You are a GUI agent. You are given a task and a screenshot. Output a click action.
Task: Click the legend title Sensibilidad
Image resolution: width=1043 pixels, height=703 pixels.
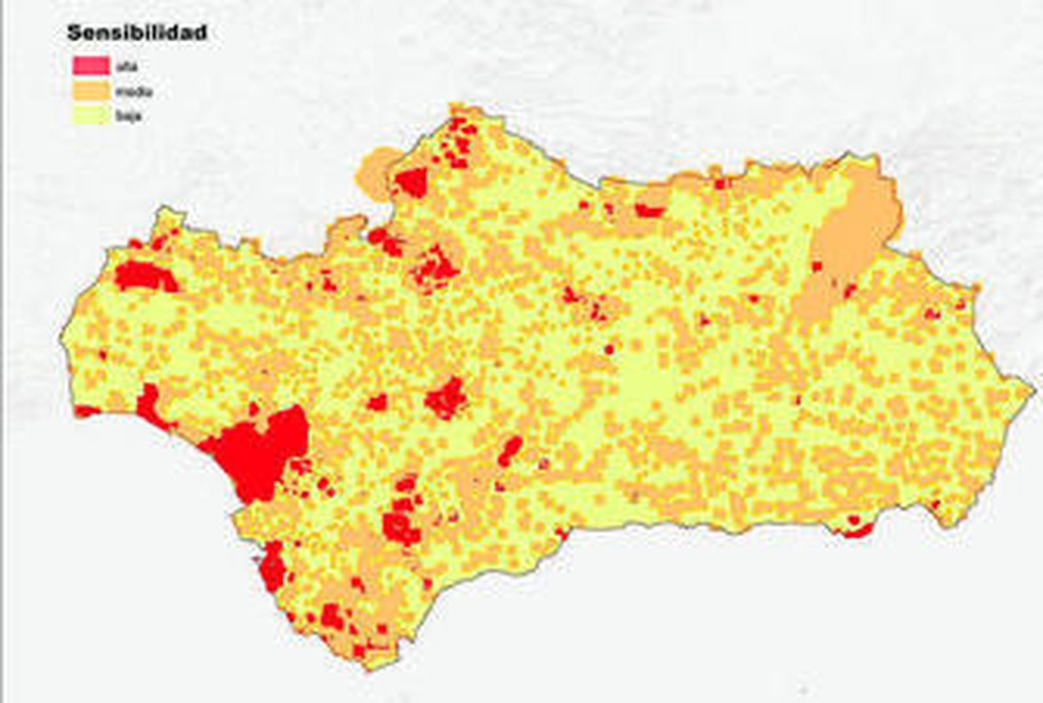137,33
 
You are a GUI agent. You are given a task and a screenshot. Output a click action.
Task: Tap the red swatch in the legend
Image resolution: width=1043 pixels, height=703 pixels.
91,65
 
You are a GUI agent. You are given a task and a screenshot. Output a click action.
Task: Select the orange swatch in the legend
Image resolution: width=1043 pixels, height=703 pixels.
91,91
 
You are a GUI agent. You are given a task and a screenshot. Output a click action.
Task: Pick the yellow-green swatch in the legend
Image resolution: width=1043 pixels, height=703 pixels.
91,116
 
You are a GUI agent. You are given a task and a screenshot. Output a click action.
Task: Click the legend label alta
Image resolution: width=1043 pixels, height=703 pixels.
126,66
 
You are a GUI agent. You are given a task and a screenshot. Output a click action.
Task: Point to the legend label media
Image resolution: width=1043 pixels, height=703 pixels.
134,92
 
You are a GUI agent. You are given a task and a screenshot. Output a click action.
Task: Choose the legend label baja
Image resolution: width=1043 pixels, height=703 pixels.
128,117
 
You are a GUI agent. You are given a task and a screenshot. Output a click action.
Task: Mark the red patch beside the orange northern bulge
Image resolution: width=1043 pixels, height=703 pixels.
412,181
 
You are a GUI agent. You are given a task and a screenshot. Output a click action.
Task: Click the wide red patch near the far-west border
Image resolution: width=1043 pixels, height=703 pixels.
145,276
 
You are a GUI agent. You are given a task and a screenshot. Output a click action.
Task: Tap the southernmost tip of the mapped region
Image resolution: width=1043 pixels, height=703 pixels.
369,668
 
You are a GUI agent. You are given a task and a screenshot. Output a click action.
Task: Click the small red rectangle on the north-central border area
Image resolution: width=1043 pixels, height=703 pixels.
649,210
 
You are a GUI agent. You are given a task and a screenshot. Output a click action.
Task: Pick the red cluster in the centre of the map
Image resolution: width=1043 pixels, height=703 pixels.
446,398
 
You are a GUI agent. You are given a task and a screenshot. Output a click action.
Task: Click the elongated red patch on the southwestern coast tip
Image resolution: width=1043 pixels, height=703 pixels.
272,567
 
